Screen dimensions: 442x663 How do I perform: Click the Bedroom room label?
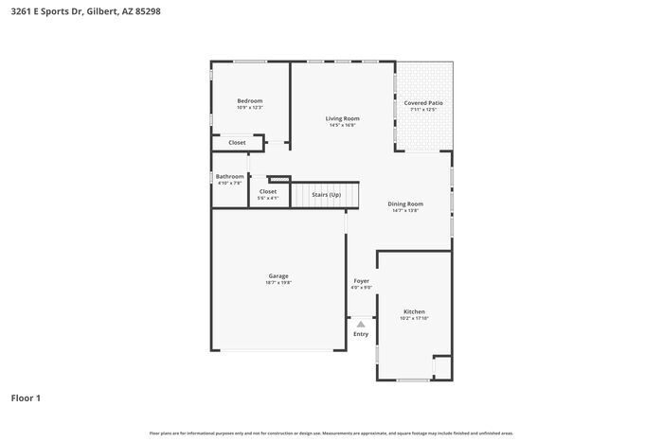249,100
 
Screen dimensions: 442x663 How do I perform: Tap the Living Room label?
342,118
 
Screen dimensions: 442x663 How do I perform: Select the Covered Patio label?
423,102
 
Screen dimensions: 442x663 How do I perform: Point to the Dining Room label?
405,203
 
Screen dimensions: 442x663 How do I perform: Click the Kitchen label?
414,311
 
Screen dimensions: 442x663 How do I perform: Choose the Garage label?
278,275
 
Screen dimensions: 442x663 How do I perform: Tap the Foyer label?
362,280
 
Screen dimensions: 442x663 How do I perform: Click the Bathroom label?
229,176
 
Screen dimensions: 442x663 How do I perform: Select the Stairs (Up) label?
326,194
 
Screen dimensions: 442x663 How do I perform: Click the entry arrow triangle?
361,324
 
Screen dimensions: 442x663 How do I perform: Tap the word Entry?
361,334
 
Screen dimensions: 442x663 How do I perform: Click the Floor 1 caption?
26,398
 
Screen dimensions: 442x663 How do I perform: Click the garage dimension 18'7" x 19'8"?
278,282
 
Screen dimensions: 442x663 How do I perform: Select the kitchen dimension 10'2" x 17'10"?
414,319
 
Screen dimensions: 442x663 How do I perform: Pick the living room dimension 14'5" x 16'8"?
342,125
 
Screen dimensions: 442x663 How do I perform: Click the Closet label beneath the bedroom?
237,142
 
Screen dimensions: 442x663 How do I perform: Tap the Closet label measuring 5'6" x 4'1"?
268,198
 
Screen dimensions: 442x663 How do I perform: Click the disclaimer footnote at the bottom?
331,433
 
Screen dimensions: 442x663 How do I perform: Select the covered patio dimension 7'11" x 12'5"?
423,110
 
